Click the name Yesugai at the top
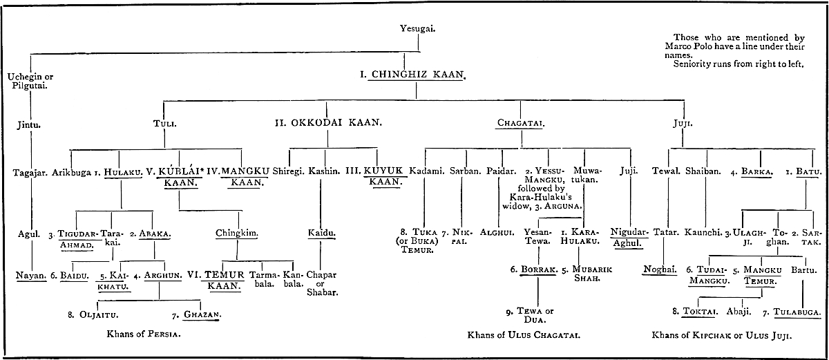[418, 28]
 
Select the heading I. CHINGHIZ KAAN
[412, 73]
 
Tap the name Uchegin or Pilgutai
[30, 82]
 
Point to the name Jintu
[30, 125]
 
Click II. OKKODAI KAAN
[329, 124]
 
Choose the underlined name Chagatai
[520, 124]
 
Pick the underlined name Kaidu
[322, 234]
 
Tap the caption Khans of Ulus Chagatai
[523, 335]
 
